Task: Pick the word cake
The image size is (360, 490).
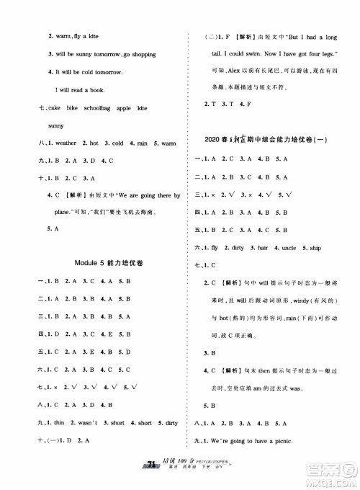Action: click(x=53, y=107)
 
